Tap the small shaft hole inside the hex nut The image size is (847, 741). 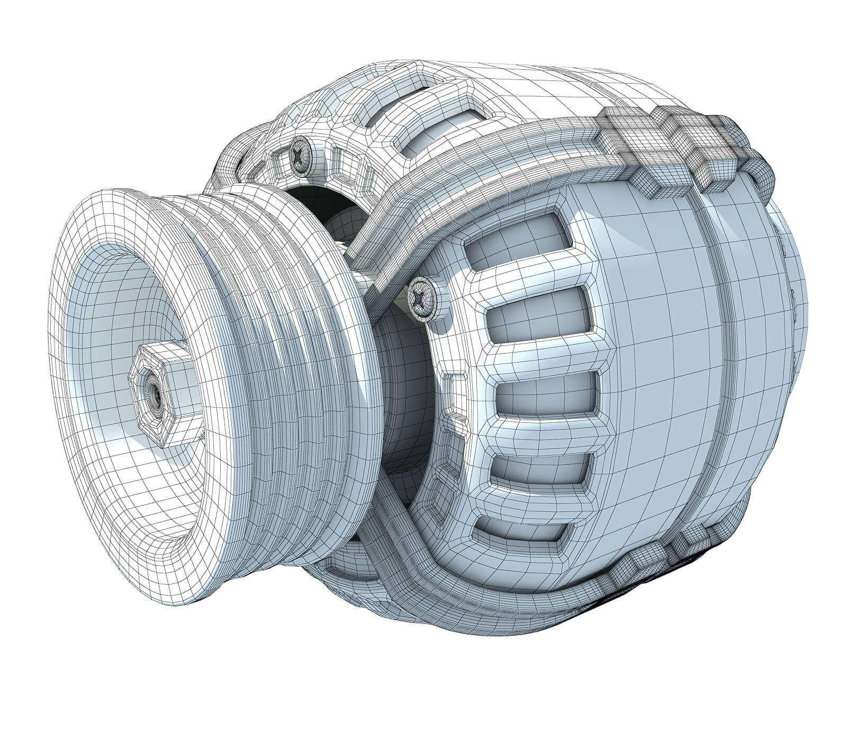(x=153, y=392)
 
